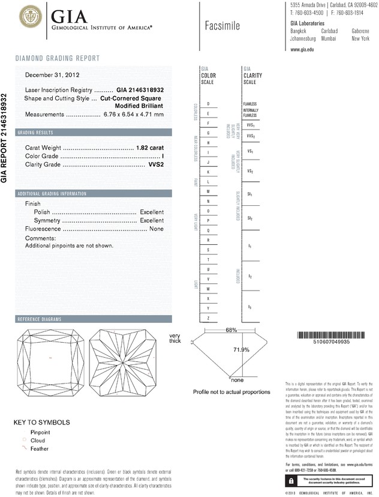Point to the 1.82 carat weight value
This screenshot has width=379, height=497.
tap(151, 147)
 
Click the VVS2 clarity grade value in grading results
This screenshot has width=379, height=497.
tap(156, 164)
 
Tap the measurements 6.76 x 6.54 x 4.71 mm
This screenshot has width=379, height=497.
tap(133, 114)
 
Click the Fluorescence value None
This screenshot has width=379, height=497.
tap(157, 229)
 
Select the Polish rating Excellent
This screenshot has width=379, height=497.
tap(152, 212)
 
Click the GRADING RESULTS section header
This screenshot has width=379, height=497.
tap(36, 132)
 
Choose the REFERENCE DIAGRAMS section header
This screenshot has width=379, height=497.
tap(41, 319)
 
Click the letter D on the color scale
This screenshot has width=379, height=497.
tap(208, 104)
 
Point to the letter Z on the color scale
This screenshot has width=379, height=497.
tap(208, 318)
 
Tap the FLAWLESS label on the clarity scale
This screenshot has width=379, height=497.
tap(250, 104)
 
